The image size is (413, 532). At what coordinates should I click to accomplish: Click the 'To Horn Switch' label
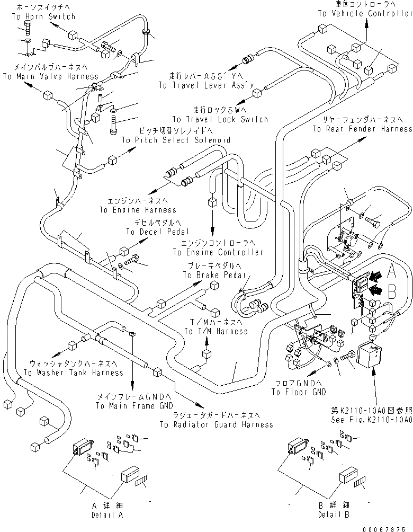(x=43, y=16)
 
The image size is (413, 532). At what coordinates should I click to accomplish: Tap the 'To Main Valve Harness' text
(x=50, y=76)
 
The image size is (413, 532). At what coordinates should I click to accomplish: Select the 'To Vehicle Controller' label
(x=365, y=13)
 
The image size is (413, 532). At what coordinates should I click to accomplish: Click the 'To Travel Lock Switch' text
(x=220, y=119)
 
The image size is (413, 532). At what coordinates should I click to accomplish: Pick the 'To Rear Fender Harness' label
(x=362, y=129)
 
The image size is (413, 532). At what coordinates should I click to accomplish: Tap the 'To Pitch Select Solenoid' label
(x=176, y=140)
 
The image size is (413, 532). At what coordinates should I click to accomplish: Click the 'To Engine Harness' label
(x=138, y=210)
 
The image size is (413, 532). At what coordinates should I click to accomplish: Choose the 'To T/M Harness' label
(x=216, y=331)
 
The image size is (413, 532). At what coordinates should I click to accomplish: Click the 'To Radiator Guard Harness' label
(x=216, y=424)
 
